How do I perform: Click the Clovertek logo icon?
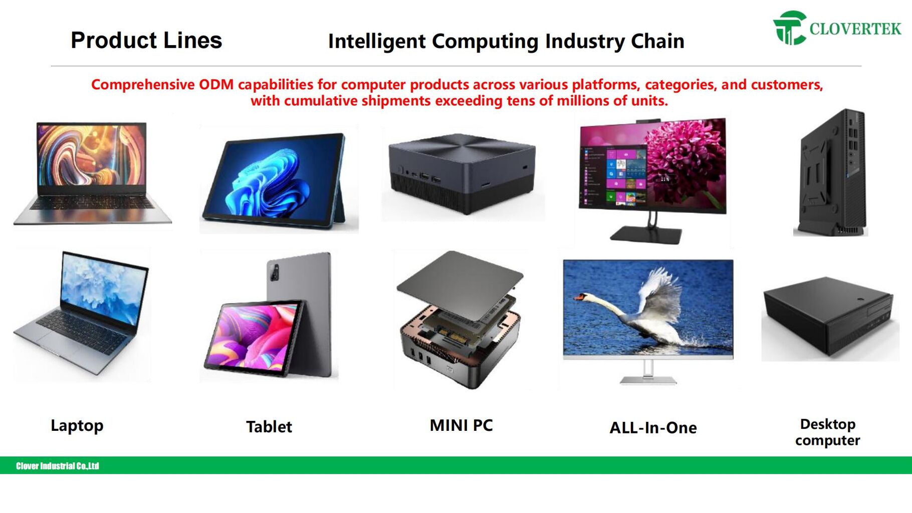pyautogui.click(x=790, y=28)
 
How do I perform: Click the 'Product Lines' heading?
pyautogui.click(x=146, y=40)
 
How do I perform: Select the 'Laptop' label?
pyautogui.click(x=77, y=426)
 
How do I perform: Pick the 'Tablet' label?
pyautogui.click(x=269, y=427)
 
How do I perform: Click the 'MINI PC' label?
pyautogui.click(x=462, y=425)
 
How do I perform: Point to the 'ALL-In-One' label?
pyautogui.click(x=653, y=428)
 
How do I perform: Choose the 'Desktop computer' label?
pyautogui.click(x=828, y=432)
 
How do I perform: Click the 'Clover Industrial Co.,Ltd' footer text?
pyautogui.click(x=58, y=466)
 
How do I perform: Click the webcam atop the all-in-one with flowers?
pyautogui.click(x=648, y=121)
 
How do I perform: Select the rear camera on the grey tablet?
pyautogui.click(x=274, y=273)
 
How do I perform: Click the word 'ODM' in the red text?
pyautogui.click(x=216, y=84)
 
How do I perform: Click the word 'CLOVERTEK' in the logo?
pyautogui.click(x=855, y=29)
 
